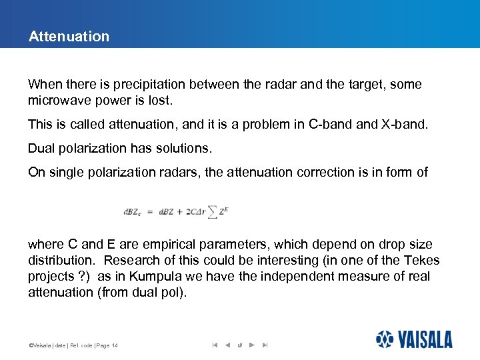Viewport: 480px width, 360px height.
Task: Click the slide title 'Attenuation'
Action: coord(69,37)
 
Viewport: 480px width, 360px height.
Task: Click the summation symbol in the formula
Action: coord(212,212)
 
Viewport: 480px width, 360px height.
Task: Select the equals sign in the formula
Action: coord(151,213)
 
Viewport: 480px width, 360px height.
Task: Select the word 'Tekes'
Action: coord(423,260)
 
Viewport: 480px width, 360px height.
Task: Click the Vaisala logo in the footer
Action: coord(414,339)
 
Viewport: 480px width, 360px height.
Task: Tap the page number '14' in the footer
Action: coord(115,345)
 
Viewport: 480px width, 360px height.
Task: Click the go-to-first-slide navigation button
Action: coord(215,345)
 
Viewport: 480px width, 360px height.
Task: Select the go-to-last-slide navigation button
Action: coord(265,345)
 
